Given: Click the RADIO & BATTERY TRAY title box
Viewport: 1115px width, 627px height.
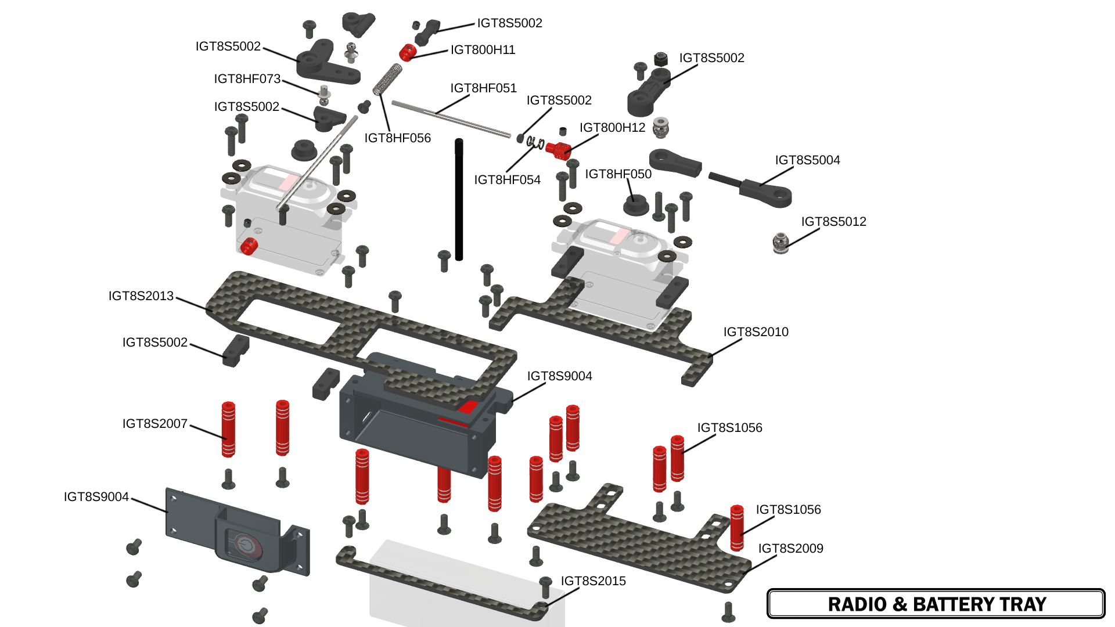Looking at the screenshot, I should (936, 604).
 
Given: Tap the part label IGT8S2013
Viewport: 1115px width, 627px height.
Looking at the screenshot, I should (141, 296).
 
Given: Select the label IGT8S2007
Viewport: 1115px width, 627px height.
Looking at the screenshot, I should (155, 424).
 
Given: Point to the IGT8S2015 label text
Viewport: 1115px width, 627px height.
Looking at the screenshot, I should (593, 581).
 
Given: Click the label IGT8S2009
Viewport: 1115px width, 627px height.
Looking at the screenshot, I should (790, 549).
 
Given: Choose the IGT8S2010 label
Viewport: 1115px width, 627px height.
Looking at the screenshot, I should (756, 332).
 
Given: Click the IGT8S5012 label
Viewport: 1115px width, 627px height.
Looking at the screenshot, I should (833, 222).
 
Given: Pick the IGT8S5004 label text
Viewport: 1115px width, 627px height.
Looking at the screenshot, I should (807, 160).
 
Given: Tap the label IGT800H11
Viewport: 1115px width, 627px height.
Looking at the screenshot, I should (483, 50).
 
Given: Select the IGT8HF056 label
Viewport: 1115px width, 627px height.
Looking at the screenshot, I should (397, 138).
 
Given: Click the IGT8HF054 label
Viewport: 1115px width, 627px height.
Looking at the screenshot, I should (507, 180).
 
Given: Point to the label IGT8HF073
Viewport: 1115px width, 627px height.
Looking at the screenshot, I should (247, 79).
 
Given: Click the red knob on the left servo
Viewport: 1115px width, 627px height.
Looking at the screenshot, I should (249, 246).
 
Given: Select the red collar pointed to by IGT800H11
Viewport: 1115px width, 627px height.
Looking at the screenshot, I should (408, 52).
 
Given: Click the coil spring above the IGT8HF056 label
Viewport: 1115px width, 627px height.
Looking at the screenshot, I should (387, 80).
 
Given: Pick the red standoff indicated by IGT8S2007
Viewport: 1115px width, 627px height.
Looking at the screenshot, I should (228, 429).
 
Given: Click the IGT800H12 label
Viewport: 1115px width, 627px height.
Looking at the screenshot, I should (612, 128).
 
